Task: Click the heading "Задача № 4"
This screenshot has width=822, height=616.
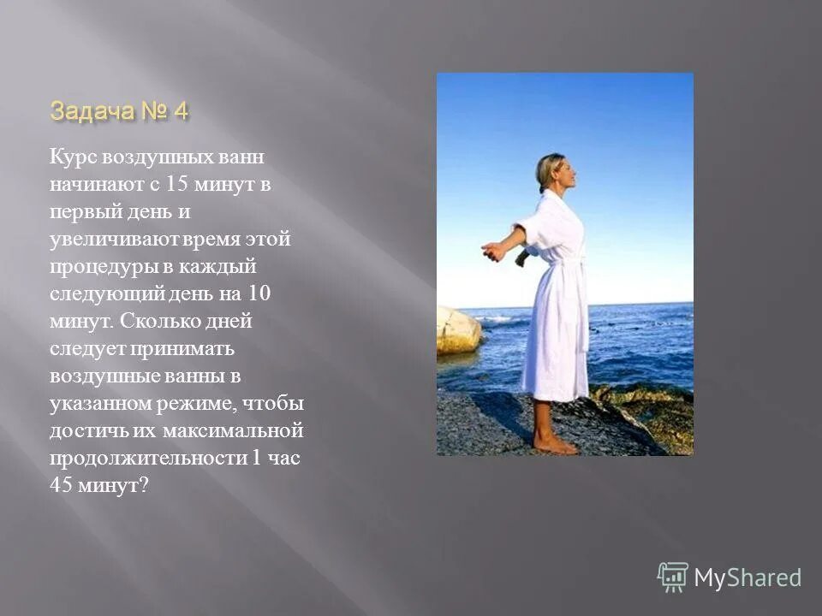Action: [119, 111]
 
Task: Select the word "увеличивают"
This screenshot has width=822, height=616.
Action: [104, 240]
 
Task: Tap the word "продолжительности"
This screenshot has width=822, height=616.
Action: [148, 457]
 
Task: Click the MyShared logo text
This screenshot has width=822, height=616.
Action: [748, 577]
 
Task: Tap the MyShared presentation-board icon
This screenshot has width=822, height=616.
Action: [672, 577]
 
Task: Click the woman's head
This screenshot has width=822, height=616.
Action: [550, 172]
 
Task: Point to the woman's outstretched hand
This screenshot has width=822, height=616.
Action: [491, 251]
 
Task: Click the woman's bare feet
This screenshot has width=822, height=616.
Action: [552, 444]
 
